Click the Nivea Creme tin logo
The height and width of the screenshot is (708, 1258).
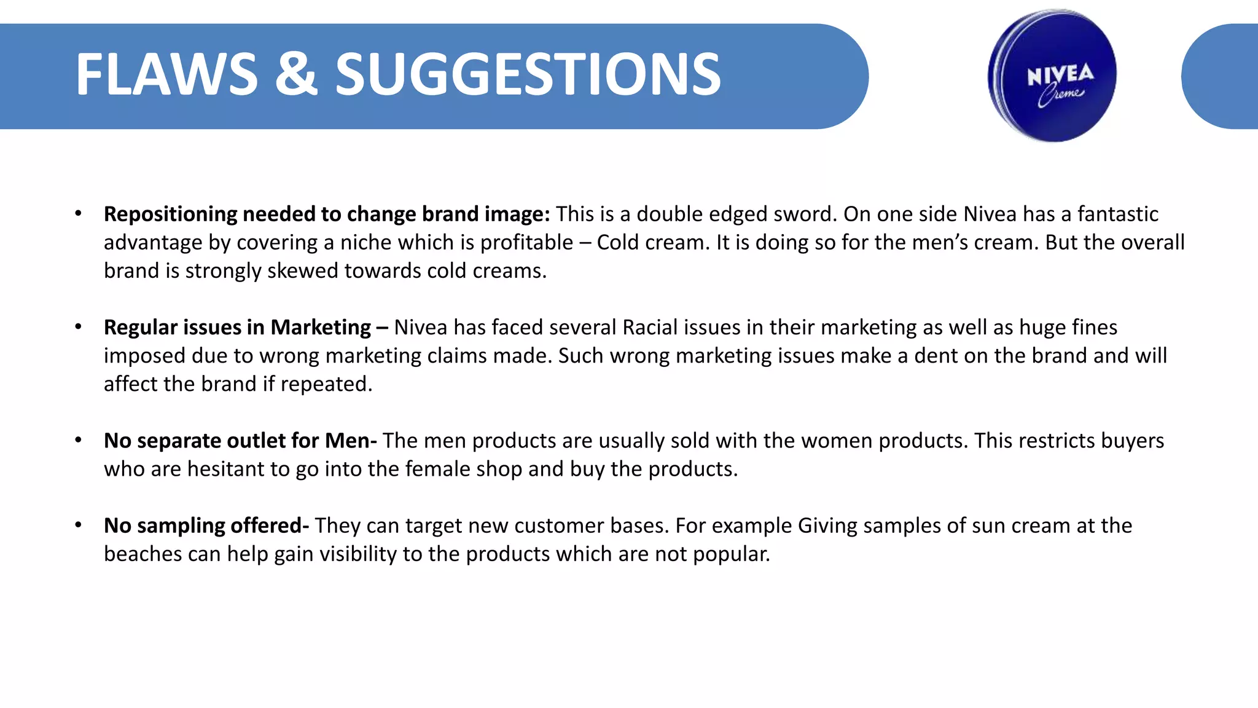point(1052,76)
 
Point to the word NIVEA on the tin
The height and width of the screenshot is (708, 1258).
point(1060,75)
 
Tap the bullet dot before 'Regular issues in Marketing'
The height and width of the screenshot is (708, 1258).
point(78,326)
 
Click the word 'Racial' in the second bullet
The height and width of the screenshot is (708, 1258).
point(650,327)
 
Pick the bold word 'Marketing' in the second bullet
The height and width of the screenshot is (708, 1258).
point(321,327)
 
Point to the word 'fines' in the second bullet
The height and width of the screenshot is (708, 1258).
point(1096,327)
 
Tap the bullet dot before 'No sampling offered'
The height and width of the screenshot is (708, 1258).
point(78,525)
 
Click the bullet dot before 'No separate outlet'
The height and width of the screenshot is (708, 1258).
point(78,440)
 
